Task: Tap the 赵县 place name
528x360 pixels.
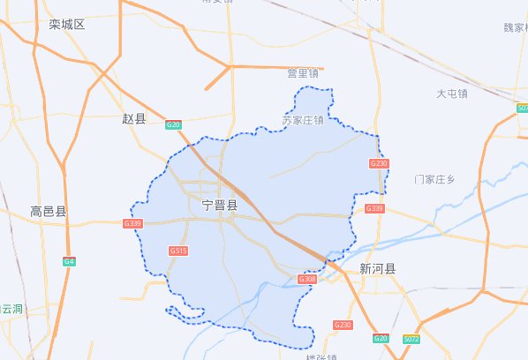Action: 132,117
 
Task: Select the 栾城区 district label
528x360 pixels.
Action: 67,24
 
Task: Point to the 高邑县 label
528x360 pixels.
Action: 48,212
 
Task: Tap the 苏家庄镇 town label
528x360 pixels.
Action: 302,119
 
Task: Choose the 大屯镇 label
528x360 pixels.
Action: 451,93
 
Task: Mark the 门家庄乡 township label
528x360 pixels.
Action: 434,179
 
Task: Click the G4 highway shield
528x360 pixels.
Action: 69,261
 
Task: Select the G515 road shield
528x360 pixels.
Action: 178,251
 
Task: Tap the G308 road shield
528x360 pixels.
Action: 307,279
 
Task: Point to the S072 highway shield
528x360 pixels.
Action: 411,339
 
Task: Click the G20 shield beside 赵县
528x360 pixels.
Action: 174,124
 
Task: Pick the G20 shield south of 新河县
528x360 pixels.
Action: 381,339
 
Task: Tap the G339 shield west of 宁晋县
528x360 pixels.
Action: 132,224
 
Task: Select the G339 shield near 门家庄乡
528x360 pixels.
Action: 374,208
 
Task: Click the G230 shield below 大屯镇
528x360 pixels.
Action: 378,163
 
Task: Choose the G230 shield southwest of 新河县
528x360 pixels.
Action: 343,325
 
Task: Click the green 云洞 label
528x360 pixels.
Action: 12,309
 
